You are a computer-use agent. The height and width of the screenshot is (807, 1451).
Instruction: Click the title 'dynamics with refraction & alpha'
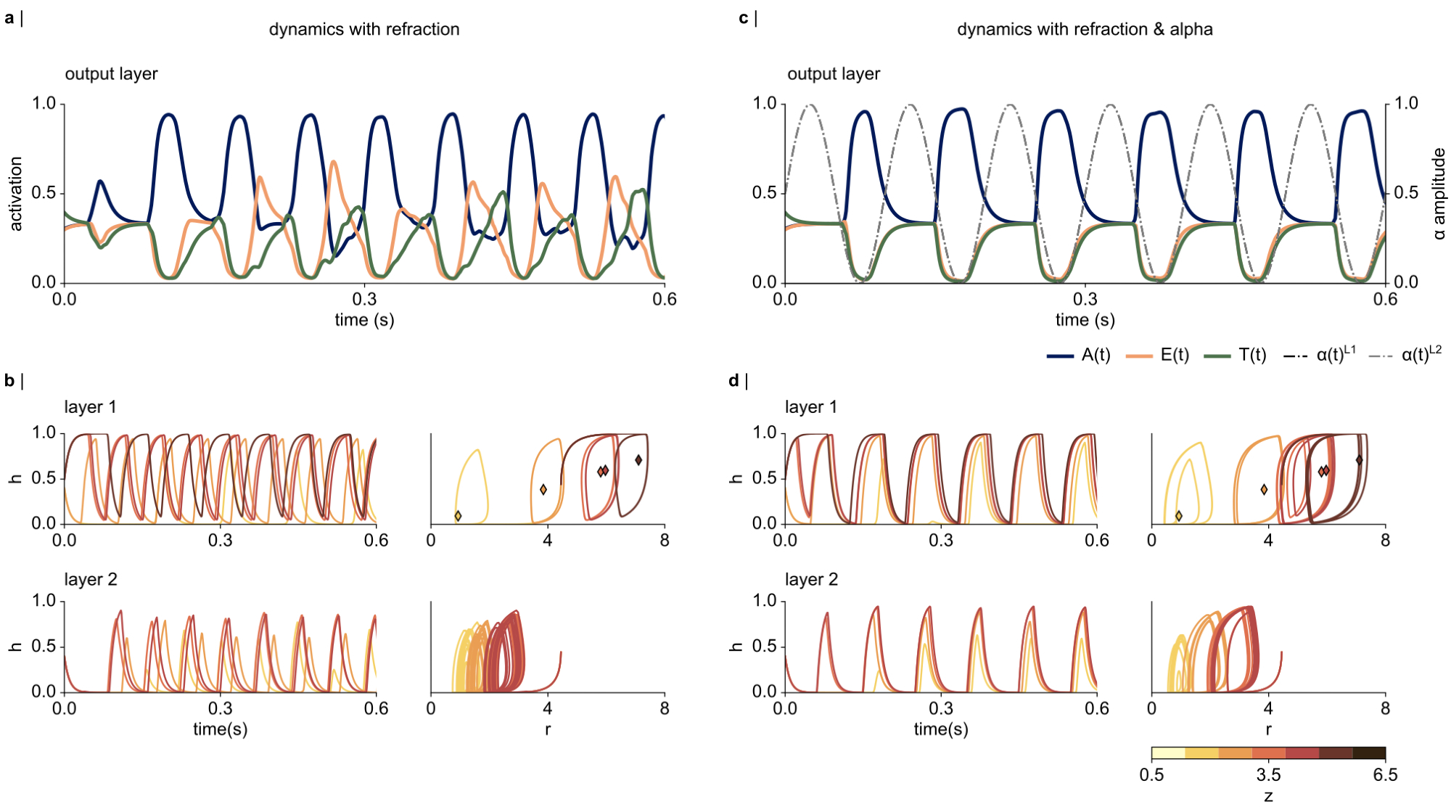(x=1085, y=30)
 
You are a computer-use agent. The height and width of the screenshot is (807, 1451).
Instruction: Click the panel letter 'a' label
(x=9, y=18)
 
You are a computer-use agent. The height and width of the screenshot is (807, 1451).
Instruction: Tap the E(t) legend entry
(x=1158, y=355)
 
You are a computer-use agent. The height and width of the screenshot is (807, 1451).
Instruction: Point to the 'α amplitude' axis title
(x=1439, y=194)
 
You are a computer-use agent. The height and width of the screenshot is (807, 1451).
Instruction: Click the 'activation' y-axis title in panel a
(x=16, y=194)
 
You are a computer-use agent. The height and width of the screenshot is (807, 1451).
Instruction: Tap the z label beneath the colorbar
(x=1268, y=796)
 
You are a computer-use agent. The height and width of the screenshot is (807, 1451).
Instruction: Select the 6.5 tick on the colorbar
(x=1384, y=775)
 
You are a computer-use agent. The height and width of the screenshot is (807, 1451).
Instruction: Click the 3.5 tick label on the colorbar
(x=1268, y=775)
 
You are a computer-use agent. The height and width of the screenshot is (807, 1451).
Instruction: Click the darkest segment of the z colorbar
(x=1369, y=753)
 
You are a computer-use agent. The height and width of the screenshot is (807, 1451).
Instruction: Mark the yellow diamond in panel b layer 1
(x=458, y=516)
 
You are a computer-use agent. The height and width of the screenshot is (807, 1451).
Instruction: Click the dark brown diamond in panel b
(x=638, y=460)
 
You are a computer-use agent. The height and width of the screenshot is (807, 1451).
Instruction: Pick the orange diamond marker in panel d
(x=1264, y=490)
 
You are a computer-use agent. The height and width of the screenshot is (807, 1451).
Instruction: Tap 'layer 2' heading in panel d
(x=811, y=580)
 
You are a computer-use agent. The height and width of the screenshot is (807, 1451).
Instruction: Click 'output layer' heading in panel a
(x=111, y=74)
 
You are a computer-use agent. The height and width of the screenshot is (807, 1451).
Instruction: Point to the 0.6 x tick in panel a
(x=664, y=299)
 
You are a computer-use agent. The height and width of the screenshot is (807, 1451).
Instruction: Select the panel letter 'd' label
(x=733, y=380)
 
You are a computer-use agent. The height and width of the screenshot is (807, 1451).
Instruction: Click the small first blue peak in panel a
(x=100, y=181)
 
